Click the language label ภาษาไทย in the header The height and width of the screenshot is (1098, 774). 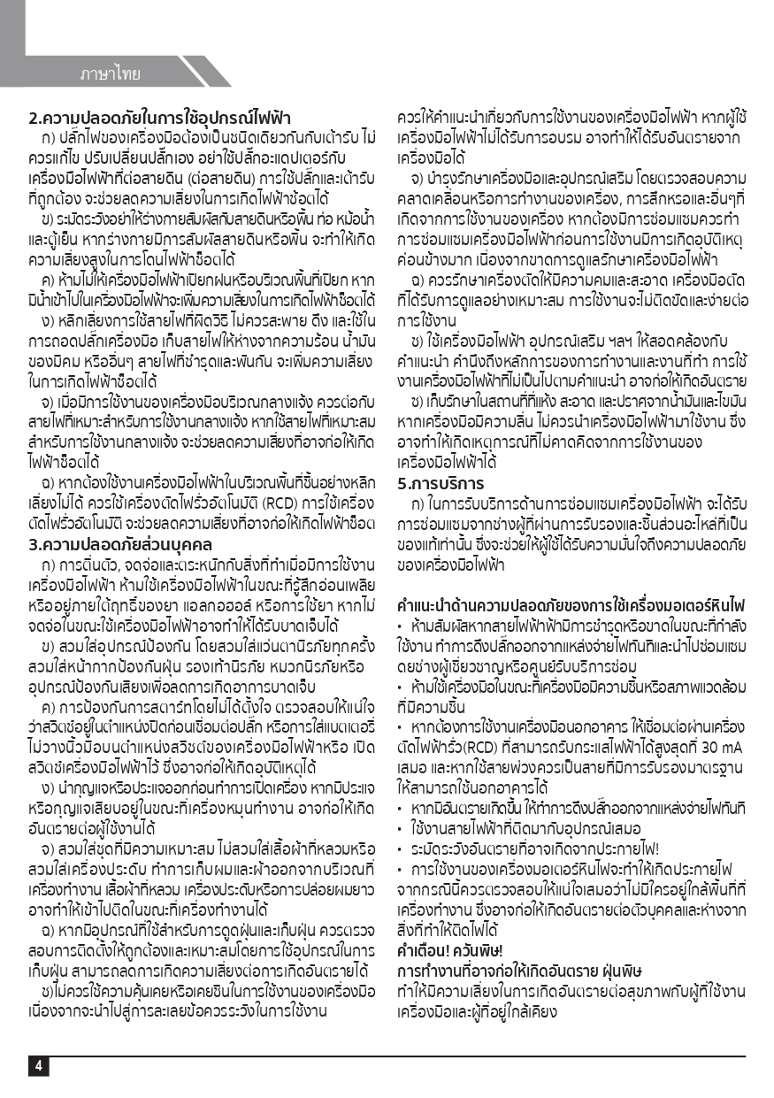tap(110, 74)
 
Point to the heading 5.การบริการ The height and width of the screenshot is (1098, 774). tap(441, 484)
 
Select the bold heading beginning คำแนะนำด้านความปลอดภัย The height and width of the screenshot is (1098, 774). tap(571, 606)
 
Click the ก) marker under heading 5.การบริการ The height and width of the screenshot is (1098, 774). tap(418, 503)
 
